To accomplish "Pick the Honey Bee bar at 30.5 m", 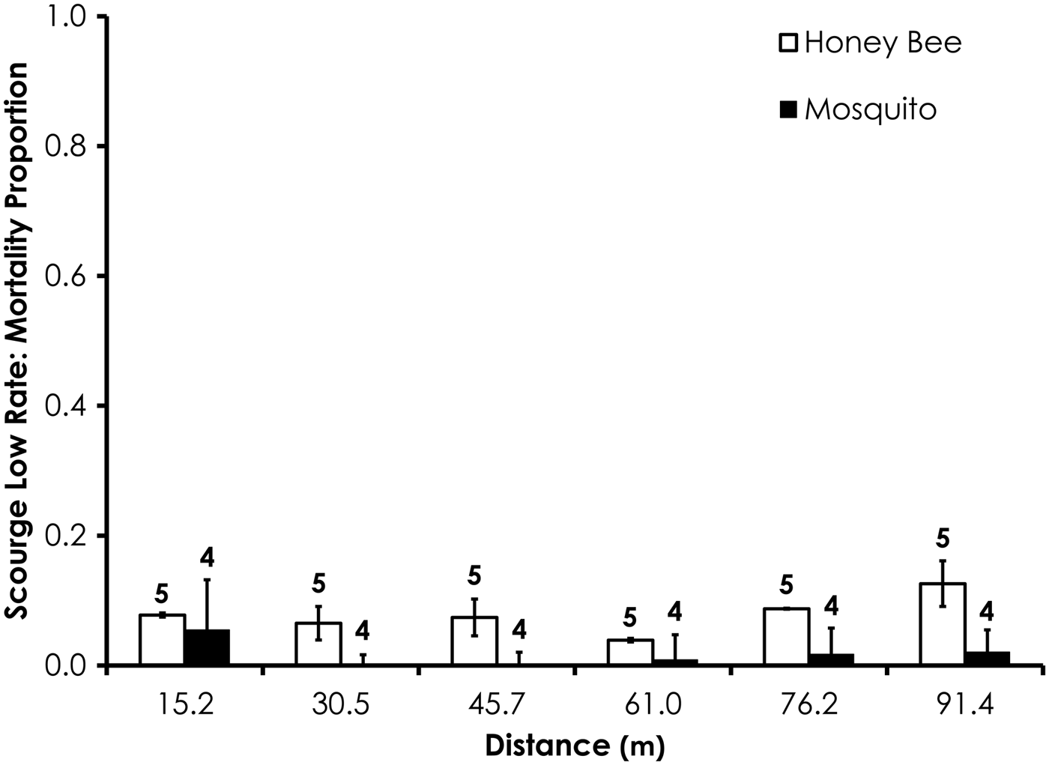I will point(318,644).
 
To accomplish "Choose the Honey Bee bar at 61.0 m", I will point(630,652).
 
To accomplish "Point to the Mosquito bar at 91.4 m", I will point(987,659).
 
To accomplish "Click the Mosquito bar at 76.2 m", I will point(831,659).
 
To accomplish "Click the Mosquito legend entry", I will point(858,110).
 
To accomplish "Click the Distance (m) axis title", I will point(575,746).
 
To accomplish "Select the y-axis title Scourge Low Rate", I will point(16,341).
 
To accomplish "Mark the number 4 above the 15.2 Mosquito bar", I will point(207,559).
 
